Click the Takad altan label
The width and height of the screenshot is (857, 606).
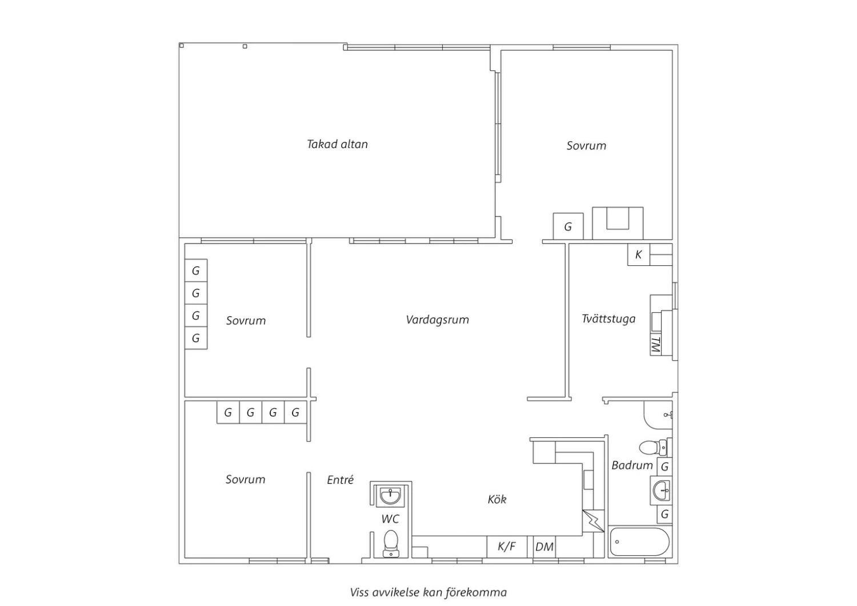pyautogui.click(x=337, y=144)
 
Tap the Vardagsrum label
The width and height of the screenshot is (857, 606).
pyautogui.click(x=437, y=320)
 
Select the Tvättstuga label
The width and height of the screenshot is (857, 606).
pyautogui.click(x=608, y=319)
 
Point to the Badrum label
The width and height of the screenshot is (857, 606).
pyautogui.click(x=632, y=465)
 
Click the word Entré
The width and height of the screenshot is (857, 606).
pyautogui.click(x=340, y=480)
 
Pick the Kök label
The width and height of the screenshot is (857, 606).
pyautogui.click(x=497, y=500)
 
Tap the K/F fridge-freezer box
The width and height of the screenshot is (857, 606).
pyautogui.click(x=507, y=547)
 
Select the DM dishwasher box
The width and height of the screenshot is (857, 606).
pyautogui.click(x=544, y=547)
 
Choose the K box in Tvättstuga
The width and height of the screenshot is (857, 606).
pyautogui.click(x=639, y=254)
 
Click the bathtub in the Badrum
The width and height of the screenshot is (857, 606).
pyautogui.click(x=640, y=542)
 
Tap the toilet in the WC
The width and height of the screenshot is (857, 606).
pyautogui.click(x=391, y=544)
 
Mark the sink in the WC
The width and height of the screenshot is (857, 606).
pyautogui.click(x=390, y=496)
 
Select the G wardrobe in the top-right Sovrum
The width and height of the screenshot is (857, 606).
pyautogui.click(x=568, y=226)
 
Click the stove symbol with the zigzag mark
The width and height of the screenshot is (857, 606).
pyautogui.click(x=593, y=521)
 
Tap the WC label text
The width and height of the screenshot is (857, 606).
pyautogui.click(x=390, y=519)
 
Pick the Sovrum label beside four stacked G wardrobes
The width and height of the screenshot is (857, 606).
pyautogui.click(x=246, y=320)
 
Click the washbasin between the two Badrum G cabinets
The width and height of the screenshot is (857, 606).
pyautogui.click(x=662, y=491)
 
